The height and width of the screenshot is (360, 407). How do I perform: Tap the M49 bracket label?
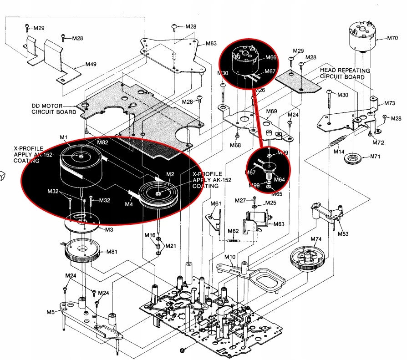point(91,64)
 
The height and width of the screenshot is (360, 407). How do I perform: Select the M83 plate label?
point(211,44)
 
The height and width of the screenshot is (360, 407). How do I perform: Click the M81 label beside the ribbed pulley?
point(112,252)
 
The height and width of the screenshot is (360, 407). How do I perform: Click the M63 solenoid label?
point(279,224)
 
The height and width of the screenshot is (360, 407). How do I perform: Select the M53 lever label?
point(343,234)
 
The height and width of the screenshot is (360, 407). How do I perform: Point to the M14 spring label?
point(338,151)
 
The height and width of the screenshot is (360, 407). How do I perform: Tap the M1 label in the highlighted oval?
point(64,137)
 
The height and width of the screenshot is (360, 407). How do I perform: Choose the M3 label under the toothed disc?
point(109,230)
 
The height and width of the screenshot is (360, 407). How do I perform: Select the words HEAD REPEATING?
point(345,71)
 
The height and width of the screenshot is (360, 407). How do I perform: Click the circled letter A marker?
point(183,350)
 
